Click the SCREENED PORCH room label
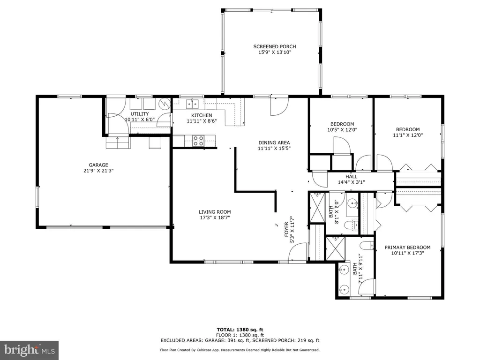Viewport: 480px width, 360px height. click(x=275, y=46)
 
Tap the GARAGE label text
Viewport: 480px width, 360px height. click(x=98, y=165)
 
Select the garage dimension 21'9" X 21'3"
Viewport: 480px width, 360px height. click(x=98, y=171)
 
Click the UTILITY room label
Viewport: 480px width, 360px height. click(x=140, y=114)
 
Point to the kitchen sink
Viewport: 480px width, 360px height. click(x=192, y=104)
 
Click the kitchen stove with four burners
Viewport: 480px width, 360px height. click(x=198, y=141)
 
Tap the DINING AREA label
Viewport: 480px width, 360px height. click(x=274, y=142)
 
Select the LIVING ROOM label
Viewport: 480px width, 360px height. click(x=215, y=212)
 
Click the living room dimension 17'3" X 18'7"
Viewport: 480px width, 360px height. click(x=215, y=217)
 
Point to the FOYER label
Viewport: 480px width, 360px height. click(x=286, y=230)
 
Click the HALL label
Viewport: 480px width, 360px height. click(x=352, y=177)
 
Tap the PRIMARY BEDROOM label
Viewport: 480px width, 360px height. click(x=407, y=247)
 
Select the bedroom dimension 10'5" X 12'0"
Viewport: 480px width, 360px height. click(x=342, y=130)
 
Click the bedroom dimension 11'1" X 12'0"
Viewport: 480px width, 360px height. click(x=408, y=135)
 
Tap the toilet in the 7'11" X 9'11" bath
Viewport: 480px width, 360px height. click(x=367, y=246)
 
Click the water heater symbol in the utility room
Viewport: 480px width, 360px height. click(x=165, y=104)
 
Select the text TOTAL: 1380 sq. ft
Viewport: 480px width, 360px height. click(x=240, y=330)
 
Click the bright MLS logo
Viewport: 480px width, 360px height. click(x=30, y=350)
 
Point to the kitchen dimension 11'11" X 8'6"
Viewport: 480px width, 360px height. click(x=202, y=121)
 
